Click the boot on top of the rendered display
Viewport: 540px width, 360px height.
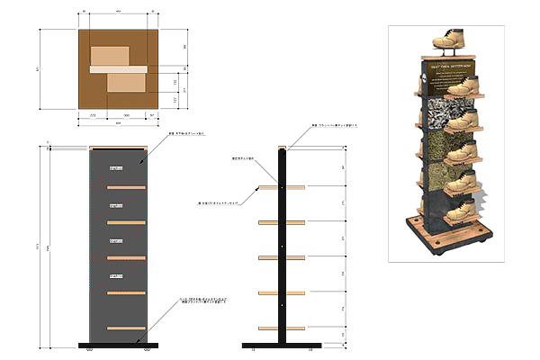coord(448,40)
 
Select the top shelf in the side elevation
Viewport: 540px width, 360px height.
coord(282,187)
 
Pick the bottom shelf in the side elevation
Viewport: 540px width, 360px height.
coord(282,327)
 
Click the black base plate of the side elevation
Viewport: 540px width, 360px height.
coord(282,345)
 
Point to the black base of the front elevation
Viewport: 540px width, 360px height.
coord(117,345)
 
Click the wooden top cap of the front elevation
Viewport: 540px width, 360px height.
coord(117,147)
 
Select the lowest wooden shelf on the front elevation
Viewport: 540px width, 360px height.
coord(126,328)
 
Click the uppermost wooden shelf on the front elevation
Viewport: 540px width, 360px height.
coord(126,187)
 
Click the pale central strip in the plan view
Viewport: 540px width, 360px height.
coord(117,68)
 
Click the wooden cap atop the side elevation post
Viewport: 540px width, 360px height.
coord(282,148)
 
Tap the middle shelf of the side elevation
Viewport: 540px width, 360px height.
coord(282,257)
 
